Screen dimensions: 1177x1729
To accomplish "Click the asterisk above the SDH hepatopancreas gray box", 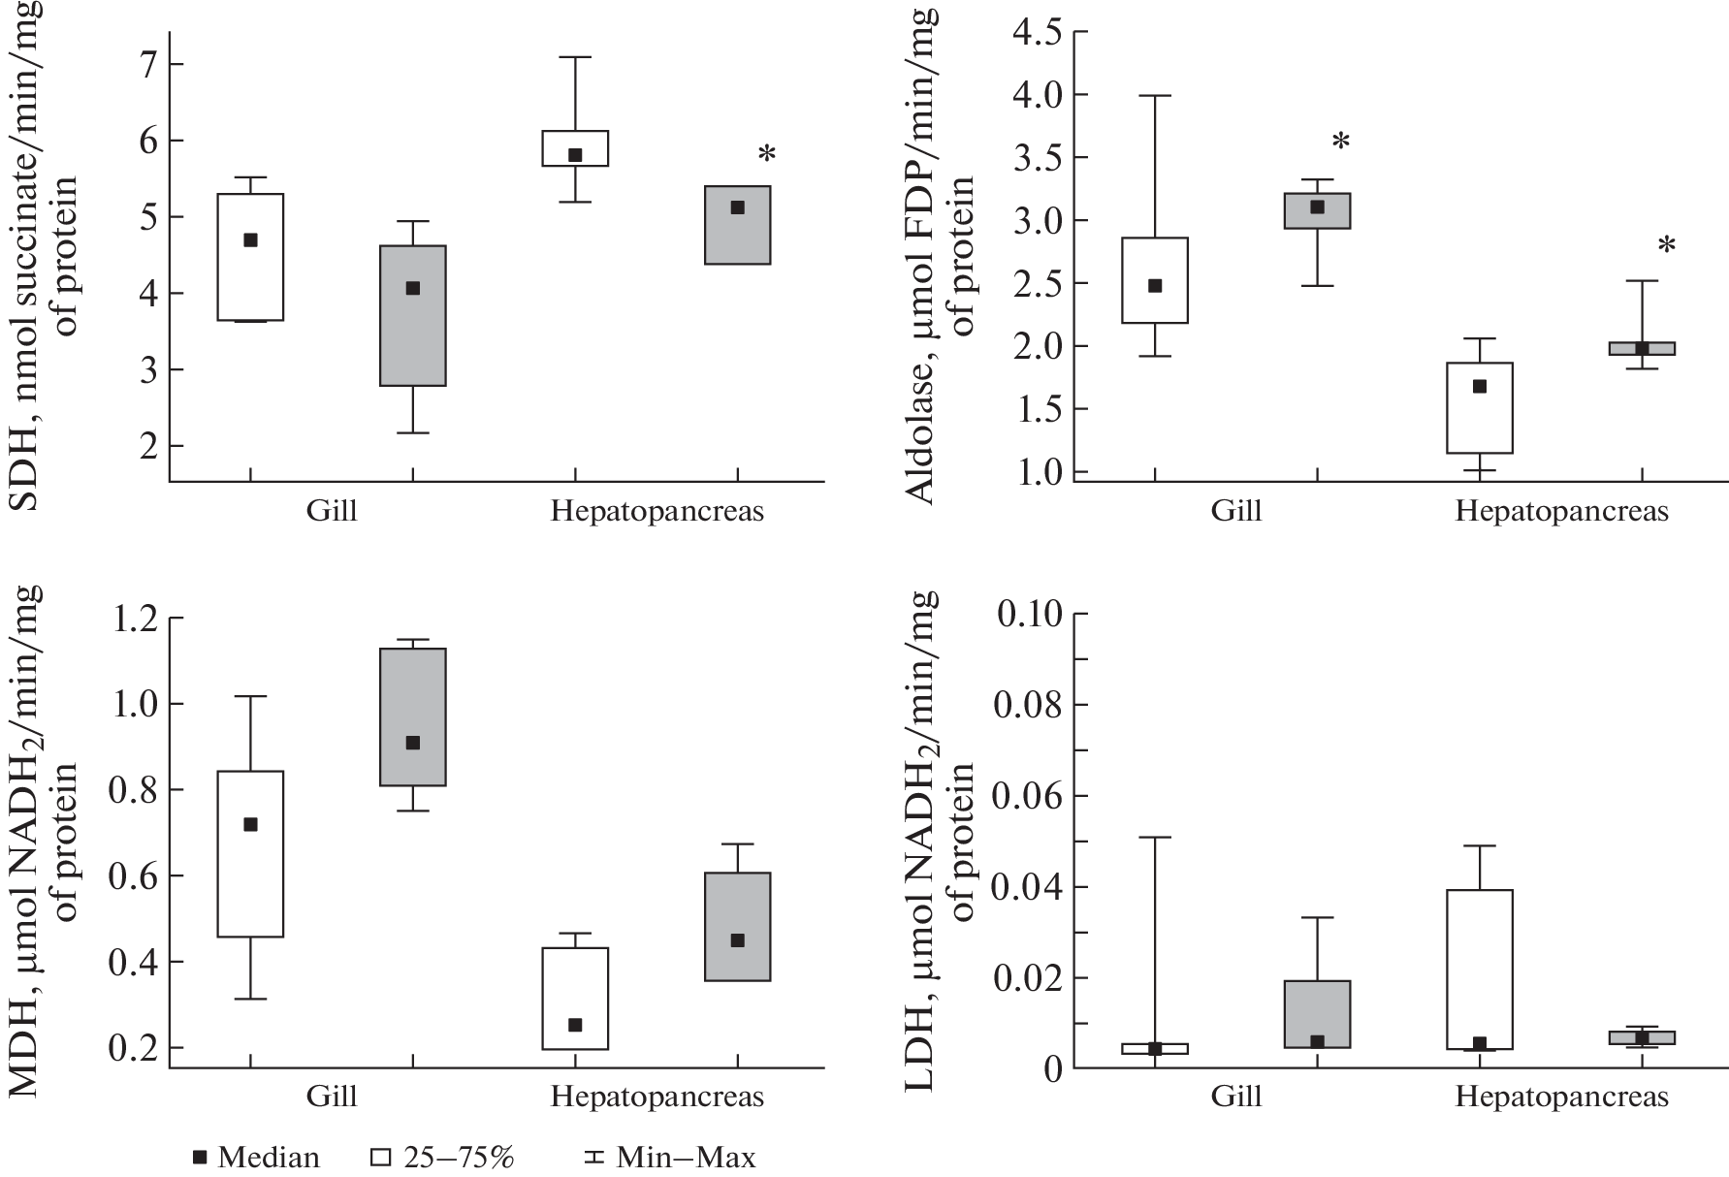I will tap(767, 154).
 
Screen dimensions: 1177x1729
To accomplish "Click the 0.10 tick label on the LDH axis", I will tap(1039, 614).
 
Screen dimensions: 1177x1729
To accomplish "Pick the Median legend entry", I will tap(257, 1157).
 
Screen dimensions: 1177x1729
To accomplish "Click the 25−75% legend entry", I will tap(443, 1157).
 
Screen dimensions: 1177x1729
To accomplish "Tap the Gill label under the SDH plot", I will tap(332, 511).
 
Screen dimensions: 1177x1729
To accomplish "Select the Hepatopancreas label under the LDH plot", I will tap(1561, 1097).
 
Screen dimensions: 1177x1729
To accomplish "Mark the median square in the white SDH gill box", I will tap(250, 240).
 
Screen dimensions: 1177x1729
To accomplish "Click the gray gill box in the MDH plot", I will tap(413, 717).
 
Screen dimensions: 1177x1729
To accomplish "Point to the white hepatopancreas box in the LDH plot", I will tap(1480, 970).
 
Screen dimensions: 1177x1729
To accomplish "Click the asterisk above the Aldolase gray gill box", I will tap(1341, 143).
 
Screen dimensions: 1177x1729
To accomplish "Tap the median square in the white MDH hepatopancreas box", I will tap(575, 1025).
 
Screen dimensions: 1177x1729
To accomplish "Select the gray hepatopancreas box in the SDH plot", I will tap(737, 225).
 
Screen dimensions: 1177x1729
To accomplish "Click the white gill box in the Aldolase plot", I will tap(1155, 280).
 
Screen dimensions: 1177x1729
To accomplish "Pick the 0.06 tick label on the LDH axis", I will tap(1039, 796).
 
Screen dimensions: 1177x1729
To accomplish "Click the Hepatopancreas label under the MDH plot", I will tap(657, 1097).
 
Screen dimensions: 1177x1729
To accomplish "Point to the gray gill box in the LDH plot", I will tap(1317, 1013).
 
